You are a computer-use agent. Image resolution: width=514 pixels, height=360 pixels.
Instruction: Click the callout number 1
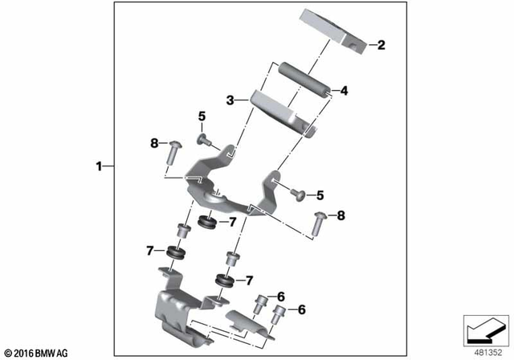coord(99,166)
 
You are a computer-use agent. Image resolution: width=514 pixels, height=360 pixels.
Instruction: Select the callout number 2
coord(381,45)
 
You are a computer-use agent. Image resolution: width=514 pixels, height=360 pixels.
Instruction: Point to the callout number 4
coord(345,91)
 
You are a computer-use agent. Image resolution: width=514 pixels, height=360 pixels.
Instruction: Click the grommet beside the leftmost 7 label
coord(174,254)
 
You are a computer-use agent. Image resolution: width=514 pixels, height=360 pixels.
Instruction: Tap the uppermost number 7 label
coord(232,221)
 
